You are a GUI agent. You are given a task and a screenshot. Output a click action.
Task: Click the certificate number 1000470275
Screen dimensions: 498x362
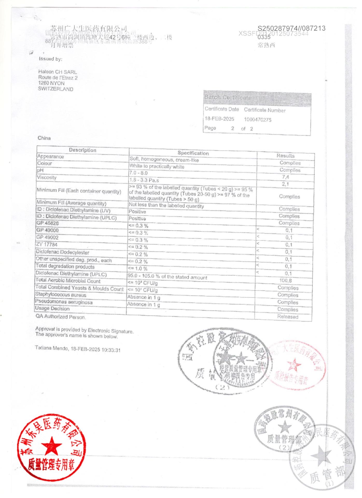257,120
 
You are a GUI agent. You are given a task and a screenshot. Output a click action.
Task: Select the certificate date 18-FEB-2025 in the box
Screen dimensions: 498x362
219,119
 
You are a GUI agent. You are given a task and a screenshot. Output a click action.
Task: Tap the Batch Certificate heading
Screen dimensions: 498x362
228,98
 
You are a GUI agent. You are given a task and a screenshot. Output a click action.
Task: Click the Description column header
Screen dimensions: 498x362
82,150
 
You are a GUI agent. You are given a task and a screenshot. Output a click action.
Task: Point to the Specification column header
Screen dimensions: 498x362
193,153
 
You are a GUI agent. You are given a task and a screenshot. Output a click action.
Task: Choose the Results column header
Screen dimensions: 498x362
286,156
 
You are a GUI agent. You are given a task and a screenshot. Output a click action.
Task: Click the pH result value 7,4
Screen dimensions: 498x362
286,177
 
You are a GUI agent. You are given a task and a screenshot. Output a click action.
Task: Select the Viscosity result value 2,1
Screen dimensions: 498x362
285,184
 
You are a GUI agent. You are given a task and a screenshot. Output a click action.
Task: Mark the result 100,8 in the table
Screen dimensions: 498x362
286,280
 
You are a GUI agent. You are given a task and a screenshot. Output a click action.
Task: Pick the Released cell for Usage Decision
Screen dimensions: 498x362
288,317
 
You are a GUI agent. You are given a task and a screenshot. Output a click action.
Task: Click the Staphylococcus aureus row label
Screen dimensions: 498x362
61,295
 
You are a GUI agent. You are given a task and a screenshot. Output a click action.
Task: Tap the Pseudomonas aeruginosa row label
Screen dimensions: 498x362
64,302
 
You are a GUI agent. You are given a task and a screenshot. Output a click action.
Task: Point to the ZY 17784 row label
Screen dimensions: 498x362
47,245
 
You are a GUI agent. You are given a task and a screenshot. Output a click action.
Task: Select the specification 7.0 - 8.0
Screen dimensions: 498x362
138,173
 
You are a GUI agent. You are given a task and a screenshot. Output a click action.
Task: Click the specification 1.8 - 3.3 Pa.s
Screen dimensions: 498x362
144,180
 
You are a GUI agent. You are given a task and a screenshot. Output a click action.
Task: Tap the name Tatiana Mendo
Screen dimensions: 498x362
52,348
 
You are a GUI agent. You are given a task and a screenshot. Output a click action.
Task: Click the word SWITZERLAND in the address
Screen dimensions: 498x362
55,89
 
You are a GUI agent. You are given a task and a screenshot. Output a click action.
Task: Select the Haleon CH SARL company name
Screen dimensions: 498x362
58,72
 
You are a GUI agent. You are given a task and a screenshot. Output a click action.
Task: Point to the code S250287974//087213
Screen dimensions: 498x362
291,28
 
